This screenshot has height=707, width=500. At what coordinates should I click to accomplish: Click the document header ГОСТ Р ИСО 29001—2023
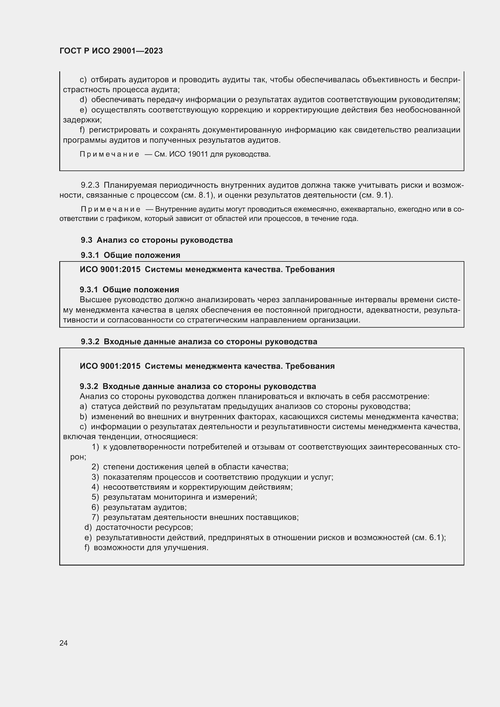pyautogui.click(x=111, y=51)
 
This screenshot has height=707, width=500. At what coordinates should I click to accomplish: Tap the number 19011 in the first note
pyautogui.click(x=198, y=154)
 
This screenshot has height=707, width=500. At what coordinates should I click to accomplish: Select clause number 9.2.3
pyautogui.click(x=90, y=185)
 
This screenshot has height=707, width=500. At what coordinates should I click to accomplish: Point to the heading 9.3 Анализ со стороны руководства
pyautogui.click(x=157, y=240)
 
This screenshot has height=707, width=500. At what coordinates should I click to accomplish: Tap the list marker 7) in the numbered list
pyautogui.click(x=95, y=517)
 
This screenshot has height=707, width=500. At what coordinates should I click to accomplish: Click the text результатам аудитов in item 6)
pyautogui.click(x=145, y=507)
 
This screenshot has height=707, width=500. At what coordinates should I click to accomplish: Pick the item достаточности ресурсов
pyautogui.click(x=144, y=527)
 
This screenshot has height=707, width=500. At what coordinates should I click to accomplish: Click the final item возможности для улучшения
pyautogui.click(x=151, y=548)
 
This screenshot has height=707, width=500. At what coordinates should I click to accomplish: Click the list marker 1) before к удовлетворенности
pyautogui.click(x=95, y=447)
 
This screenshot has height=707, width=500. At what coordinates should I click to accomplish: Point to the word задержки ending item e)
pyautogui.click(x=82, y=120)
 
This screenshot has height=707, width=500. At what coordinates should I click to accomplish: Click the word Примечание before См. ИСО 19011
pyautogui.click(x=109, y=154)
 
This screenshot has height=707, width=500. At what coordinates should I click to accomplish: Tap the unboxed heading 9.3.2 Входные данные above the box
pyautogui.click(x=199, y=342)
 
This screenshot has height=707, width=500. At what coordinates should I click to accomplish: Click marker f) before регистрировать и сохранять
pyautogui.click(x=82, y=130)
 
